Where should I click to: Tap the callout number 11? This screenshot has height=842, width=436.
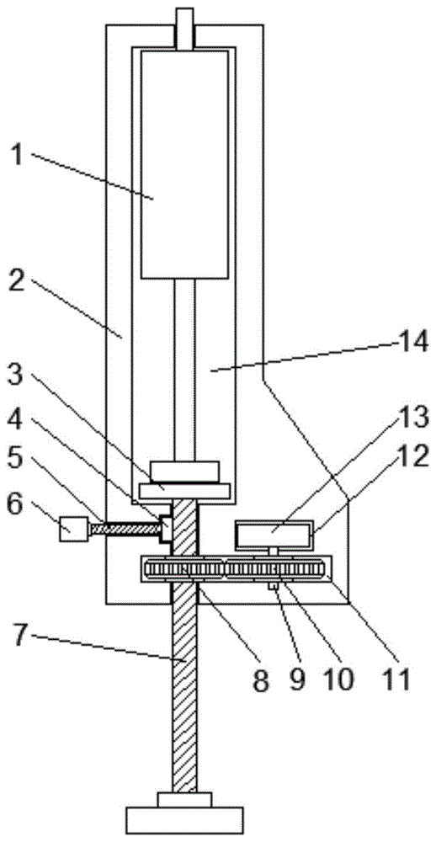tap(396, 678)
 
